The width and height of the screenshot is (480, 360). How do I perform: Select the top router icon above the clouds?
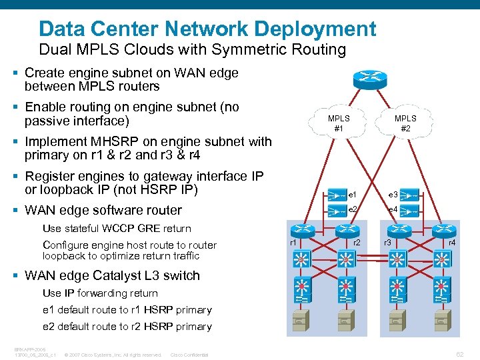tap(372, 78)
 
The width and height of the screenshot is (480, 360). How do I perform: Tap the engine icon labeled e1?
tap(336, 195)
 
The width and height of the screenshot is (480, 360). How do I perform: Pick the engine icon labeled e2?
tap(336, 211)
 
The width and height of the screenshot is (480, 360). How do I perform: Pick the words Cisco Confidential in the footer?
tap(189, 355)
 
